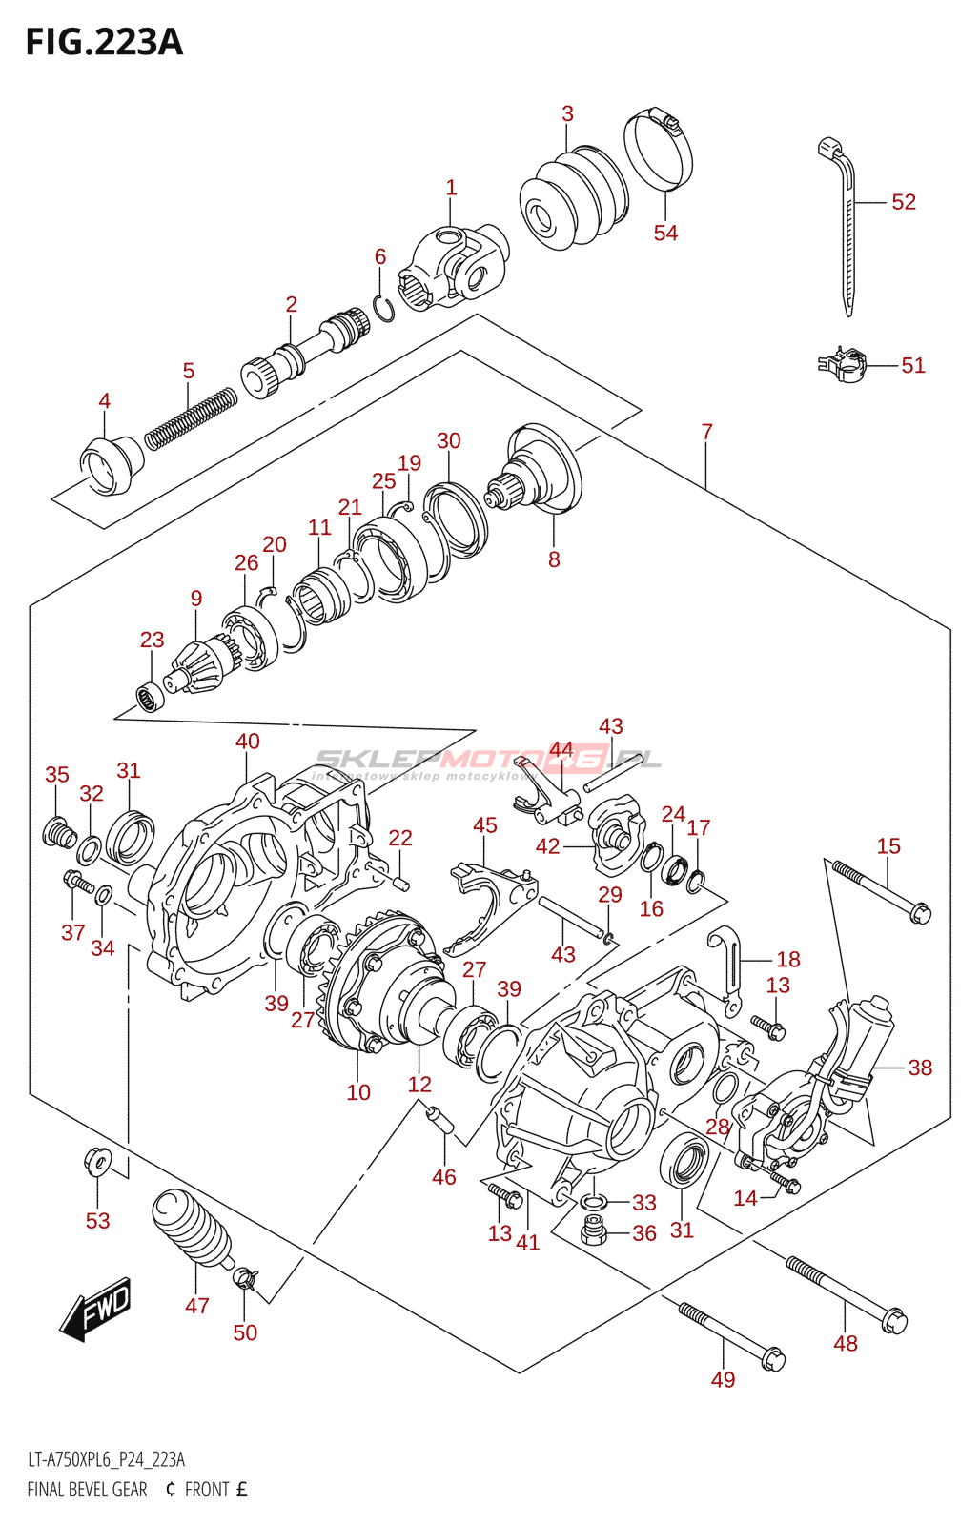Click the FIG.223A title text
(x=104, y=43)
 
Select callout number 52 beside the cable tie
(x=903, y=202)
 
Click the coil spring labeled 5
(x=191, y=417)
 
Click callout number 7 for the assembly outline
(x=706, y=432)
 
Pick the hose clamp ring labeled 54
(x=658, y=152)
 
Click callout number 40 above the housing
(x=247, y=742)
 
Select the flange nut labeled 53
(x=96, y=1162)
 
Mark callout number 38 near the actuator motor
(x=919, y=1067)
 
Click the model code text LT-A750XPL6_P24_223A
(x=106, y=1459)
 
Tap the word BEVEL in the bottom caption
(x=104, y=1490)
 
